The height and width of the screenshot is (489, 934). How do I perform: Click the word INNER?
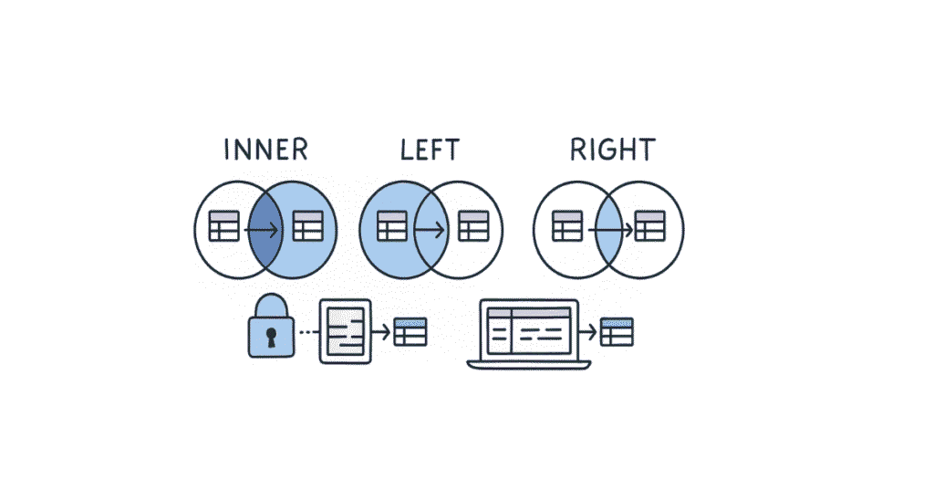265,149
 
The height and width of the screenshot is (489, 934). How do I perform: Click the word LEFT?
430,149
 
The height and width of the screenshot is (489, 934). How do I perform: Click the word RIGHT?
612,149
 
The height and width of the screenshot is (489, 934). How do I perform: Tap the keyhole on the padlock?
270,338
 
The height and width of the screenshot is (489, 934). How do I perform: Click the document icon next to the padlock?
346,331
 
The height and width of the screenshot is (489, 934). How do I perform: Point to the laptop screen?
529,330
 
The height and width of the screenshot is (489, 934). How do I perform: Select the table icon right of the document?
410,331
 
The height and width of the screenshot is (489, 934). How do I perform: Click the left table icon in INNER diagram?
224,226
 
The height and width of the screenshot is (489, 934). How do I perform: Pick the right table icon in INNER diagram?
308,226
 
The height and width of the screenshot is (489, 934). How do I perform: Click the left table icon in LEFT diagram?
391,226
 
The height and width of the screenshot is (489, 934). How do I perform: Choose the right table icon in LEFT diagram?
473,226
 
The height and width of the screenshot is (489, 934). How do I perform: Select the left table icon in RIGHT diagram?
567,226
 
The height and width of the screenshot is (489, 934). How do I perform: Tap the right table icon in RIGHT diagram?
649,226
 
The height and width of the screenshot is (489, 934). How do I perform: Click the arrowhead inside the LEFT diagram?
441,227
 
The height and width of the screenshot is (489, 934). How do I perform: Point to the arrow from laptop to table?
587,331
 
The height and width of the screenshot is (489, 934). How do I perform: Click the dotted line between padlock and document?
307,331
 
